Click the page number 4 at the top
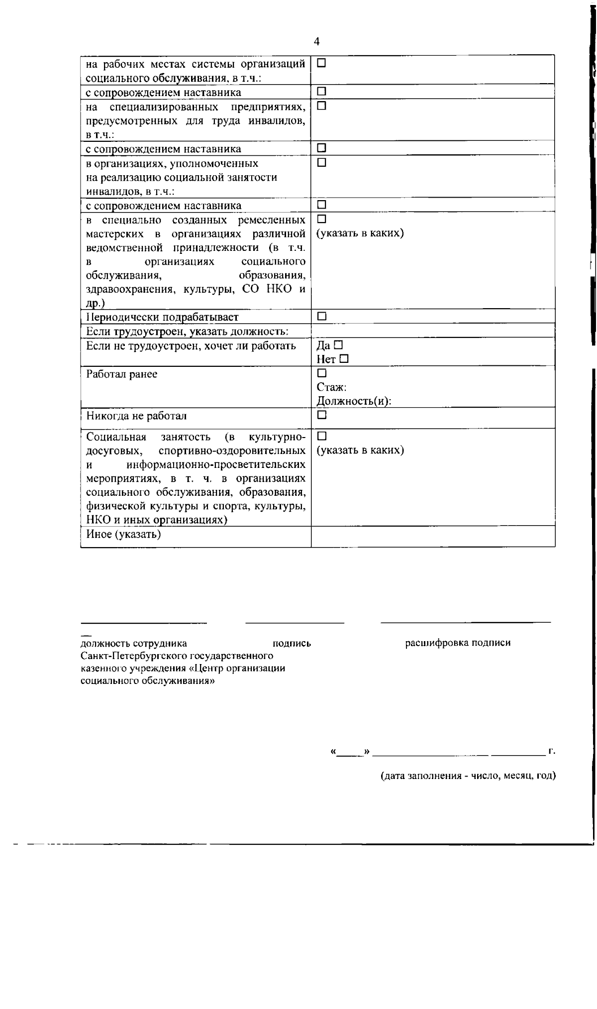pyautogui.click(x=317, y=41)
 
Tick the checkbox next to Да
pyautogui.click(x=339, y=344)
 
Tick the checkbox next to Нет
pyautogui.click(x=344, y=358)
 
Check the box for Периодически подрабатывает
pyautogui.click(x=321, y=316)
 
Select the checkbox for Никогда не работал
pyautogui.click(x=321, y=414)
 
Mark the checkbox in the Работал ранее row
pyautogui.click(x=321, y=373)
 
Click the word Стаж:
pyautogui.click(x=331, y=387)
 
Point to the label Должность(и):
pyautogui.click(x=354, y=401)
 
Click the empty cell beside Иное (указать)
pyautogui.click(x=433, y=536)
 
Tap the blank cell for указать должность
pyautogui.click(x=433, y=331)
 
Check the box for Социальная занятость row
pyautogui.click(x=321, y=436)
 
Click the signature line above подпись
pyautogui.click(x=295, y=622)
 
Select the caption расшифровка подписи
pyautogui.click(x=458, y=643)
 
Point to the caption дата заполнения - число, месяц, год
pyautogui.click(x=468, y=776)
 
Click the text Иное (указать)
pyautogui.click(x=123, y=535)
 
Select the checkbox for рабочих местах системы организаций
pyautogui.click(x=321, y=63)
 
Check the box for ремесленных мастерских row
pyautogui.click(x=321, y=219)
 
